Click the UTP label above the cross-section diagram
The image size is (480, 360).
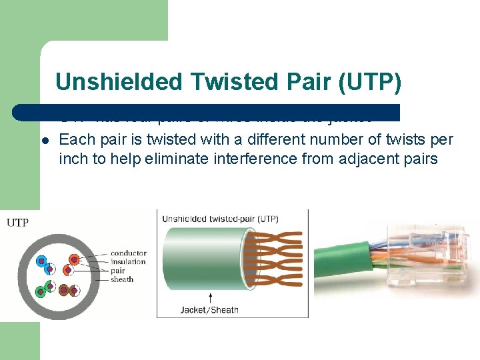tap(17, 223)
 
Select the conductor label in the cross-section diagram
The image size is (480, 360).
tap(128, 253)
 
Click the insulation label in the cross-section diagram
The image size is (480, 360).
tap(128, 262)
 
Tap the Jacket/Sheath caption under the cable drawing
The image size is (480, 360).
tap(210, 309)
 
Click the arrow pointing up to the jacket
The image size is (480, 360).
tap(211, 297)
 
